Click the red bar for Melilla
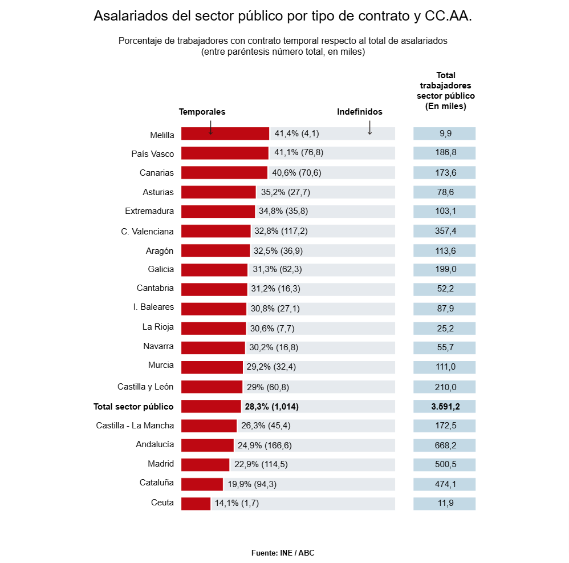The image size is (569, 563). tap(225, 133)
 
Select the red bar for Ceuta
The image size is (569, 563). tap(196, 504)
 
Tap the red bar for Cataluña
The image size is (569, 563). tap(202, 484)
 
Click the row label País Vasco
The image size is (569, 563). tap(152, 153)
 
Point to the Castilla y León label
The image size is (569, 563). tap(145, 387)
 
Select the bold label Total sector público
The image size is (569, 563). tap(133, 407)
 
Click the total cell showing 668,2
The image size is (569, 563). tap(445, 445)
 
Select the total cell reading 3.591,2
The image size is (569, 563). tap(445, 407)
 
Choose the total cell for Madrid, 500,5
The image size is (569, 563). tap(445, 464)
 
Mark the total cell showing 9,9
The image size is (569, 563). tap(445, 133)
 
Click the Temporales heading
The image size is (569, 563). tap(202, 112)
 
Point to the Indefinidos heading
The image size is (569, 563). tap(360, 112)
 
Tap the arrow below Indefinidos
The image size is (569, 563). tap(369, 127)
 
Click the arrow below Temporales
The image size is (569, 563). tap(210, 127)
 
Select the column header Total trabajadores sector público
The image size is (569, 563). tap(445, 91)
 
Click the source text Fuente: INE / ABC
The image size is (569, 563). tap(283, 553)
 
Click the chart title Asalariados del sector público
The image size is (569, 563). tap(283, 16)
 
